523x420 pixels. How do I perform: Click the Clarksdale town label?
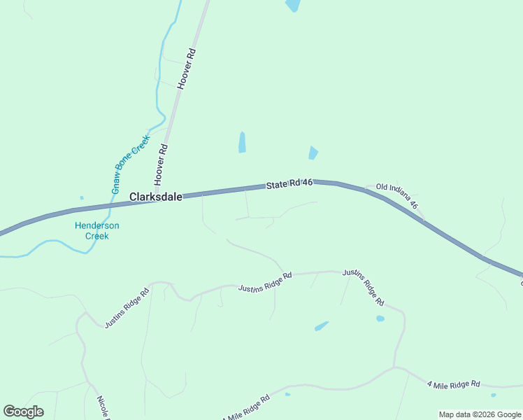[155, 197]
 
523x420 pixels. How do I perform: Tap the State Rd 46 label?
[288, 183]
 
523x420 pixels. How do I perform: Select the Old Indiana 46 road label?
[396, 196]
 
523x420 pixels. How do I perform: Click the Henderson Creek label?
[97, 230]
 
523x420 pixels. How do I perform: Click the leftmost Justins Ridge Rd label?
[127, 309]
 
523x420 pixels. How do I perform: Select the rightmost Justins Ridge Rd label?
[363, 287]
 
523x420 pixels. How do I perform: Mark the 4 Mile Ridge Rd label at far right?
[454, 384]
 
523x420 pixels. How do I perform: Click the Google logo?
[23, 412]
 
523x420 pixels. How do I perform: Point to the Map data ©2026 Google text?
[480, 414]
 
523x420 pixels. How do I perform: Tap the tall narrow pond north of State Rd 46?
[242, 142]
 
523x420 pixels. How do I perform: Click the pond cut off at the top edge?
[293, 5]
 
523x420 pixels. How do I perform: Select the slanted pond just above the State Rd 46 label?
[313, 153]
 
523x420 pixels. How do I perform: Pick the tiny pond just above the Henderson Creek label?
[82, 198]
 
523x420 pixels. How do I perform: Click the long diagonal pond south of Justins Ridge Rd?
[322, 325]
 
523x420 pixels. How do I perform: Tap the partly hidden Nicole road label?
[103, 406]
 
